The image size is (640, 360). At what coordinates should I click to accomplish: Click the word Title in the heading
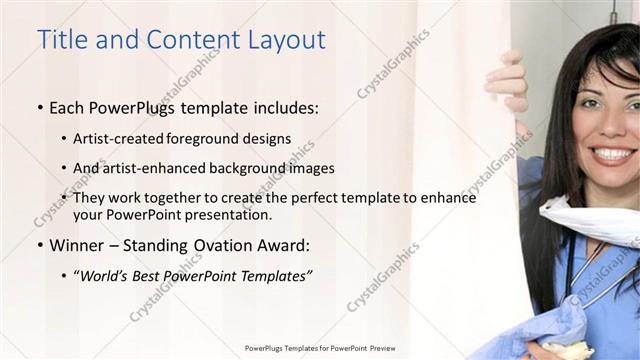click(61, 40)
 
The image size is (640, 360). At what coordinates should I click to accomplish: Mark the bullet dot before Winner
click(39, 245)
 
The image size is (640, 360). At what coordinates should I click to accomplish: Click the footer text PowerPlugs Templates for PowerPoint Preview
click(320, 348)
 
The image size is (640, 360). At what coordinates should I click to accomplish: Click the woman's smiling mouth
click(611, 154)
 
